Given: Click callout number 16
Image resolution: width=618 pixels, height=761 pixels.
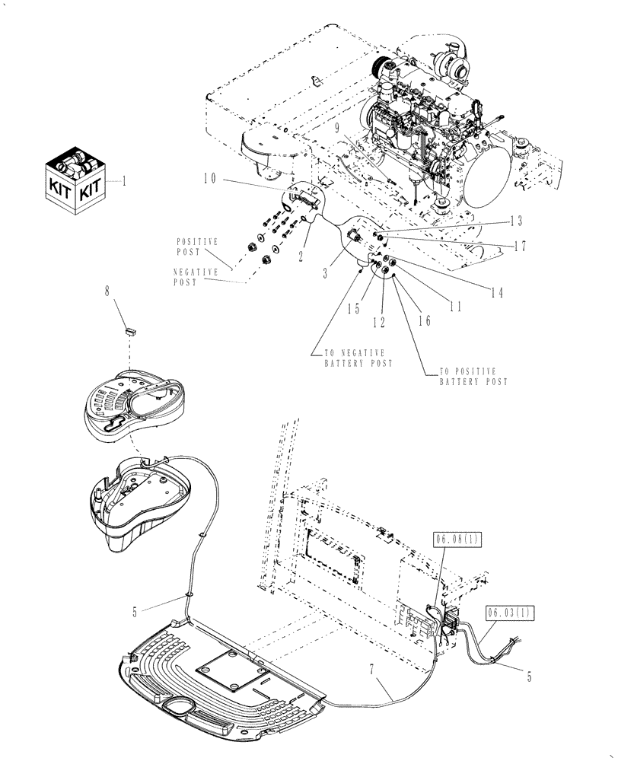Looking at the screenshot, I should click(424, 320).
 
